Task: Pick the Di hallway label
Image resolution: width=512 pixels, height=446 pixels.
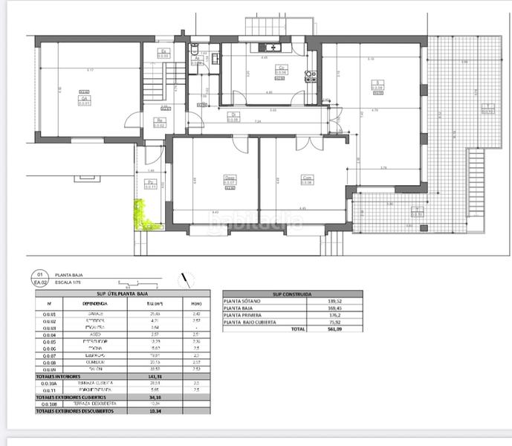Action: click(233, 116)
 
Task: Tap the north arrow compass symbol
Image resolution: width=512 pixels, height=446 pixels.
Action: click(183, 279)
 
